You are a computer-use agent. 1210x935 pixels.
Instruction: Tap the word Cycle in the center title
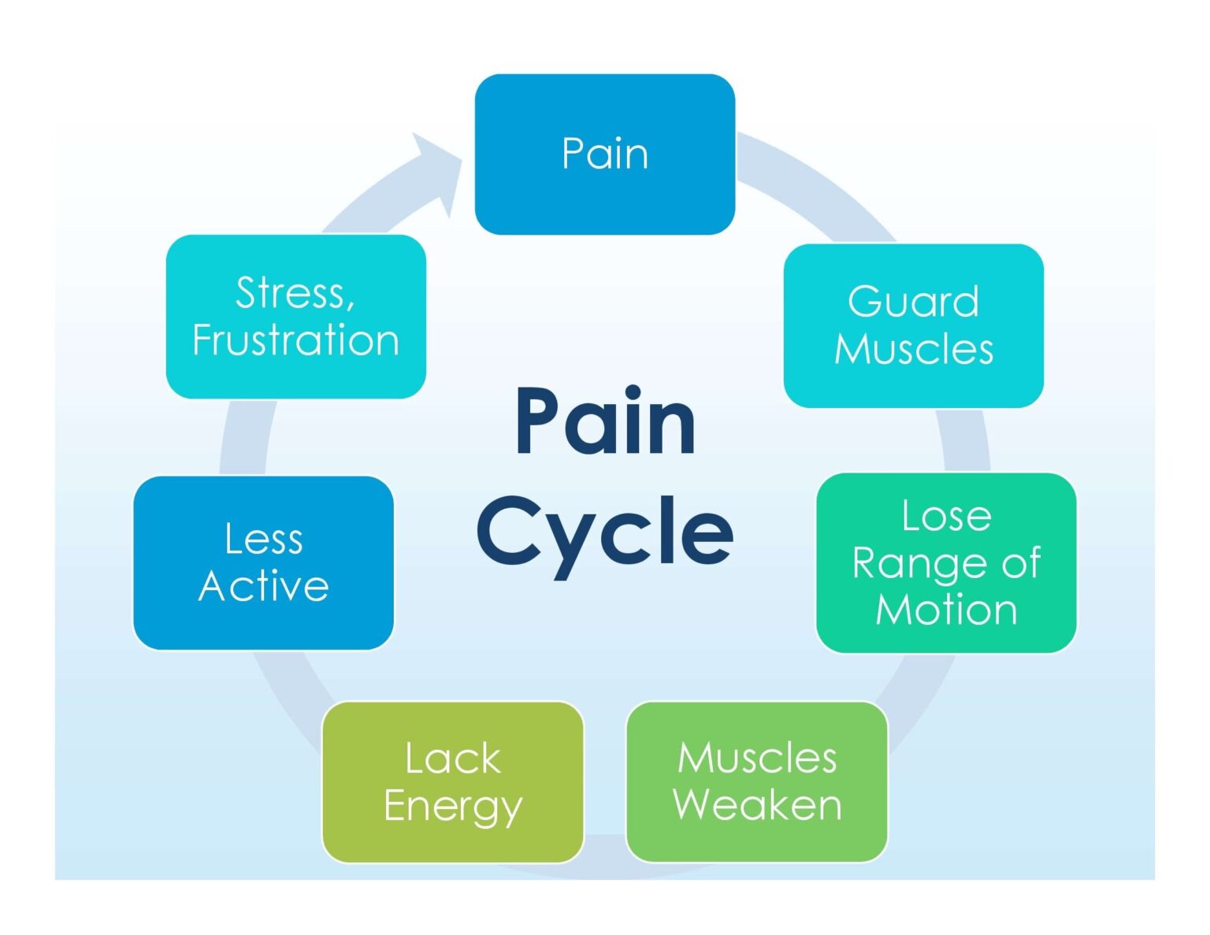pos(604,532)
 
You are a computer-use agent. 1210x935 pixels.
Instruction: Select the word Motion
pos(946,610)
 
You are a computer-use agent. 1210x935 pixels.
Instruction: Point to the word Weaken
pos(757,805)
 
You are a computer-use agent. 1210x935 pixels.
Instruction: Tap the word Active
pos(263,586)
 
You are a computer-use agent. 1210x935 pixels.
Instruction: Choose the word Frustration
pos(295,340)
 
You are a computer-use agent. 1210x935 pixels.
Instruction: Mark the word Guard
pos(913,302)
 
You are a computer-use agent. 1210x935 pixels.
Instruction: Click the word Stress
pos(295,293)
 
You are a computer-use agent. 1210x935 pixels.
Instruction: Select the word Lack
pos(452,759)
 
